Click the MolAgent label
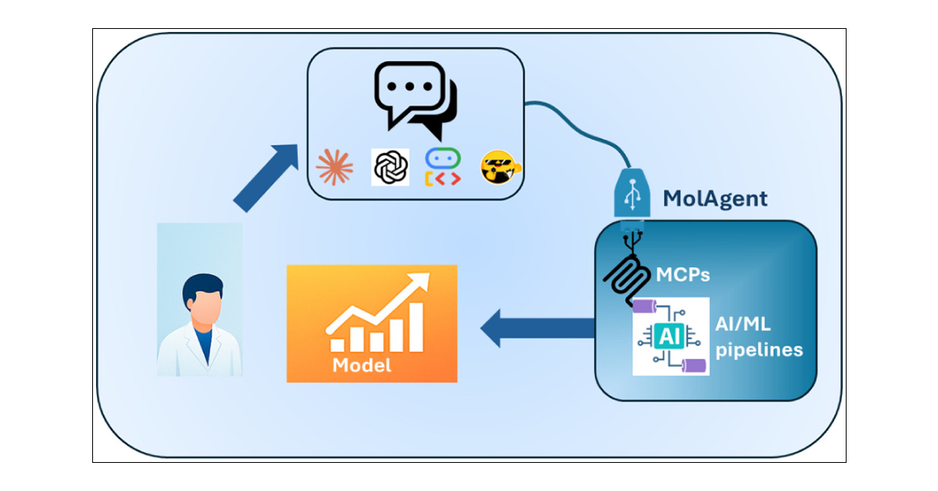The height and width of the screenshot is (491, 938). pyautogui.click(x=714, y=198)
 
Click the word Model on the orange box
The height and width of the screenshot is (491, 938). pyautogui.click(x=361, y=365)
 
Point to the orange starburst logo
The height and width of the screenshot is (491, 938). pyautogui.click(x=335, y=167)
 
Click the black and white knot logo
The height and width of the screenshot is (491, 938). pyautogui.click(x=390, y=167)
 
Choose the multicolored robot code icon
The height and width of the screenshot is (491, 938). pyautogui.click(x=442, y=167)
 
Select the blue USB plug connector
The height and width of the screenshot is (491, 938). pyautogui.click(x=632, y=194)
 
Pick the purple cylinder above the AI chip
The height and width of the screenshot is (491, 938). pyautogui.click(x=646, y=305)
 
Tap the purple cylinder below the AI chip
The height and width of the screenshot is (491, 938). pyautogui.click(x=694, y=366)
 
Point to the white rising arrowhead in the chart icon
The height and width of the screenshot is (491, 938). pyautogui.click(x=421, y=281)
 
